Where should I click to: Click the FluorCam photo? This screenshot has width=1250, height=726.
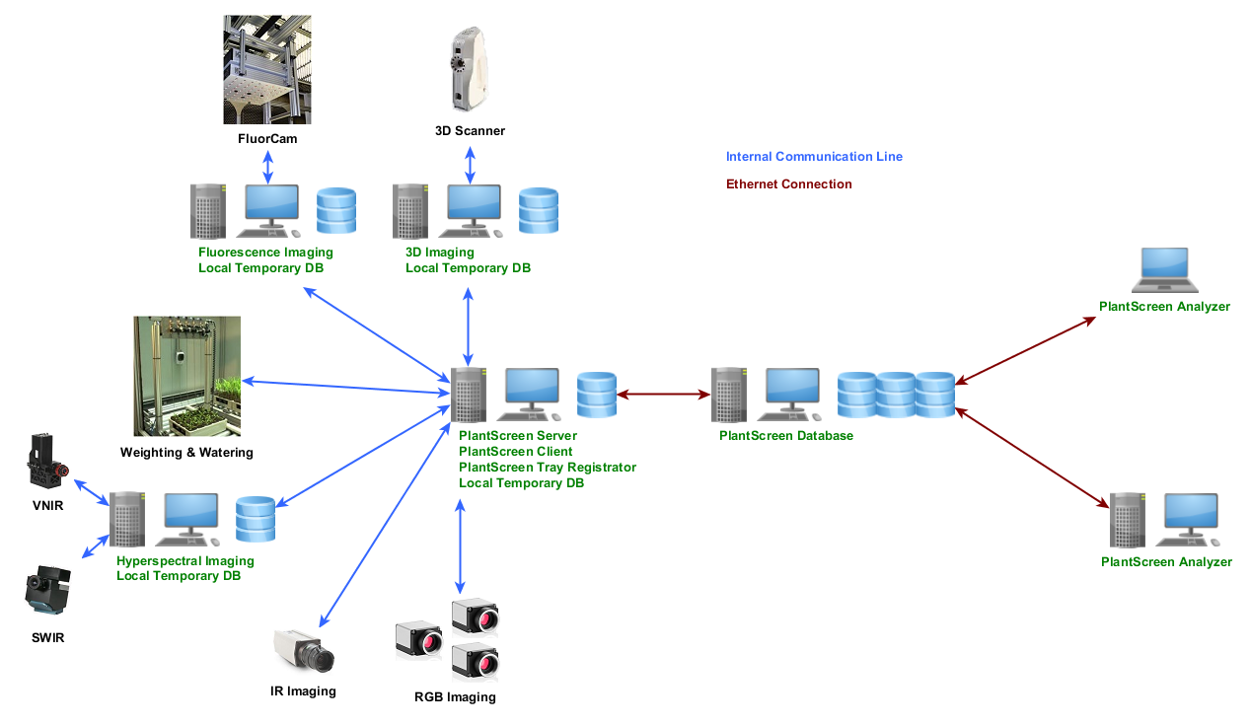coord(267,69)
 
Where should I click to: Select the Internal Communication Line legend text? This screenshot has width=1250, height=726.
coord(814,157)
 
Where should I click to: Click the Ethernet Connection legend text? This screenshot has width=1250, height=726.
coord(788,184)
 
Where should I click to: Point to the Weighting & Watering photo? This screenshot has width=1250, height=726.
coord(187,376)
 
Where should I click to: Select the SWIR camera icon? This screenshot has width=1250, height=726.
coord(46,591)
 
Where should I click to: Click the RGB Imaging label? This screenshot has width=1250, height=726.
coord(455,697)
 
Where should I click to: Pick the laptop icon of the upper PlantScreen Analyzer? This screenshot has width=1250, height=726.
coord(1164,270)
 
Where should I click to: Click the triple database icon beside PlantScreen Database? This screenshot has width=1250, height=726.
coord(896,395)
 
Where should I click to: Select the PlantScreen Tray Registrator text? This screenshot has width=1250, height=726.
coord(547,468)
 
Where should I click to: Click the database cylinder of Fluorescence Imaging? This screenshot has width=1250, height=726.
coord(335,211)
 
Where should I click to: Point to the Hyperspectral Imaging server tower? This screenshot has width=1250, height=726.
coord(127,519)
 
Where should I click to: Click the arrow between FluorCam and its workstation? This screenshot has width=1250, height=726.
coord(267,166)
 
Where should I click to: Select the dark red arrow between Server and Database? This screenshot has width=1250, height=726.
coord(664,395)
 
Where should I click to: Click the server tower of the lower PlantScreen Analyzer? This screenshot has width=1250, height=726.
coord(1128,520)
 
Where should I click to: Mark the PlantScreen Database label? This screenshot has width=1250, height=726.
coord(785,436)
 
